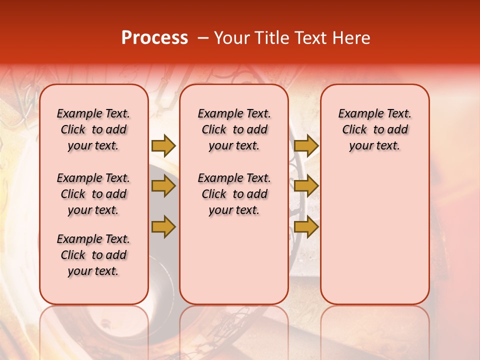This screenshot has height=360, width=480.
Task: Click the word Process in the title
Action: click(154, 38)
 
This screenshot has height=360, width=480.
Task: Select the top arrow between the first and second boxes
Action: click(163, 145)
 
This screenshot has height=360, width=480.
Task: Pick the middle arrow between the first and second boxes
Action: click(163, 186)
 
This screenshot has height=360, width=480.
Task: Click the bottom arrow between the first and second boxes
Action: click(163, 226)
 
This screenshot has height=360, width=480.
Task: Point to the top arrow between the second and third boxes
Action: click(306, 145)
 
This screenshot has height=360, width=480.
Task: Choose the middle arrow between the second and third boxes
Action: click(306, 186)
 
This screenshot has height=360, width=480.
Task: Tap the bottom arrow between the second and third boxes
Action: click(306, 226)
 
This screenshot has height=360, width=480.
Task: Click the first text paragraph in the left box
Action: click(93, 129)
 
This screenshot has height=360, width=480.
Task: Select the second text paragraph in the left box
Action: click(93, 194)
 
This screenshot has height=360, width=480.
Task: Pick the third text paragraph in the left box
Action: click(93, 255)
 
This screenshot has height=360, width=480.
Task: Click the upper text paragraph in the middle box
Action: click(234, 129)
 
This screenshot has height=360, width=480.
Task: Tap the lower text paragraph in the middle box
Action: click(234, 194)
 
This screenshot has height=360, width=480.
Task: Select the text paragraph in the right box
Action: click(374, 129)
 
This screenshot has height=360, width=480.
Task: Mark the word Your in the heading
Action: click(231, 38)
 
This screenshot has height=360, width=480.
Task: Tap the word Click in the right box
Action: click(354, 130)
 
